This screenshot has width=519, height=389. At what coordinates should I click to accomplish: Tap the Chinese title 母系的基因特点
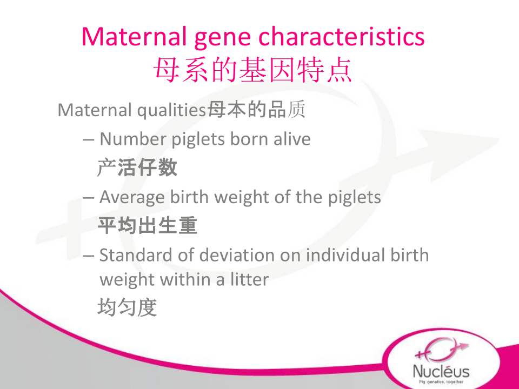pyautogui.click(x=252, y=70)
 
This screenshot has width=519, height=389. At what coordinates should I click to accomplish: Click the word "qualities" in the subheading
pyautogui.click(x=172, y=110)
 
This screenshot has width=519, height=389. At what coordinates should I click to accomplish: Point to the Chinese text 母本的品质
pyautogui.click(x=256, y=110)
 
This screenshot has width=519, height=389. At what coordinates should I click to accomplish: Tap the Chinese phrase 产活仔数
pyautogui.click(x=137, y=167)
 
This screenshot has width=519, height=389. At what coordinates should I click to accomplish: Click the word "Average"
pyautogui.click(x=132, y=198)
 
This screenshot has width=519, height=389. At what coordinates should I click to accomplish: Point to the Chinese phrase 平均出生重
pyautogui.click(x=148, y=226)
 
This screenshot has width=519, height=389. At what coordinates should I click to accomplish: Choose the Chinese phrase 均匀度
pyautogui.click(x=127, y=307)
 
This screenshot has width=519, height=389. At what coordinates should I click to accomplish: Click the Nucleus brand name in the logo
pyautogui.click(x=441, y=371)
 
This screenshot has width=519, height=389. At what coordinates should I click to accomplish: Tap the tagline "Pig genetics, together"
pyautogui.click(x=441, y=382)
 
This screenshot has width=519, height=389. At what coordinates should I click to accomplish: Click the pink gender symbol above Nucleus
pyautogui.click(x=442, y=350)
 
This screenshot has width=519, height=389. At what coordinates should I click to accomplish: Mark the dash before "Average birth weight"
pyautogui.click(x=88, y=198)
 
